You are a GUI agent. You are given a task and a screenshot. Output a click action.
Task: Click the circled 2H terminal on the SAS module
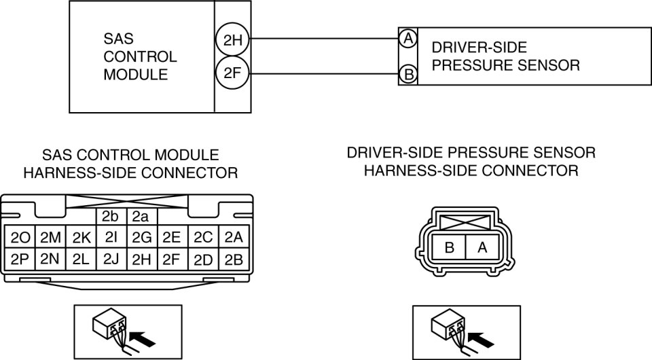pos(233,40)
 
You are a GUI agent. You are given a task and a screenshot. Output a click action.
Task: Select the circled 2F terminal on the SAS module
pos(233,73)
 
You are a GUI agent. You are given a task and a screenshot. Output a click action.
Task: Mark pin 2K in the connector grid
pos(81,237)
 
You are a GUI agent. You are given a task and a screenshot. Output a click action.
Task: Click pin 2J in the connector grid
pos(111,259)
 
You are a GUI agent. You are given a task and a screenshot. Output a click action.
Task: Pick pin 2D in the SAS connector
pos(203,259)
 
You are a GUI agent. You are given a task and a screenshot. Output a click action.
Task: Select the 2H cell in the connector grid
pos(142,259)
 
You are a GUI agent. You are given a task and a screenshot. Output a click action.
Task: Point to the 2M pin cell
pos(50,237)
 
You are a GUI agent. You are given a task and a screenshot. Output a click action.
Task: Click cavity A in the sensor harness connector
pos(483,248)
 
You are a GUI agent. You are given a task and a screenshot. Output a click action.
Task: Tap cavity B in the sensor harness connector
pos(449,248)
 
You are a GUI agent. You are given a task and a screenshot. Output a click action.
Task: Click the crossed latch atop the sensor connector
pos(465,222)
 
